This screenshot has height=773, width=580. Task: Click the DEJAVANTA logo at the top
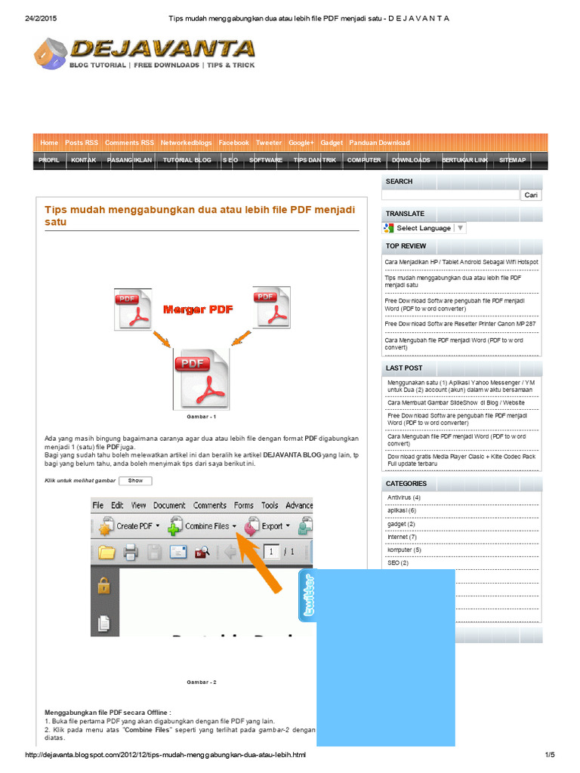pos(143,54)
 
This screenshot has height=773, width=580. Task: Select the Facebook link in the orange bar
pos(233,143)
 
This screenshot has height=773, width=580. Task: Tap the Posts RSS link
pos(82,143)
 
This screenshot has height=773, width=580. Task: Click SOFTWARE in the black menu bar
pos(266,160)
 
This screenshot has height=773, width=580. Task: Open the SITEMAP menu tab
pos(513,160)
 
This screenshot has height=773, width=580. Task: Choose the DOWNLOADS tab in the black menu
pos(411,160)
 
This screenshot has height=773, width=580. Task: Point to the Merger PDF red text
pos(198,310)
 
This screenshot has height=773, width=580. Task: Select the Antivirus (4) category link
pos(403,497)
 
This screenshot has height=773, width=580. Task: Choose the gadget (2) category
pos(401,524)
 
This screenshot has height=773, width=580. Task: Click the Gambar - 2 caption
pos(202,682)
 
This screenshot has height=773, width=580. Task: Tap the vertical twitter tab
pos(307,596)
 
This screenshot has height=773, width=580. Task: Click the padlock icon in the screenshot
pos(103,585)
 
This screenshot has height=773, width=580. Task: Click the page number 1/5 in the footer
pos(549,755)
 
